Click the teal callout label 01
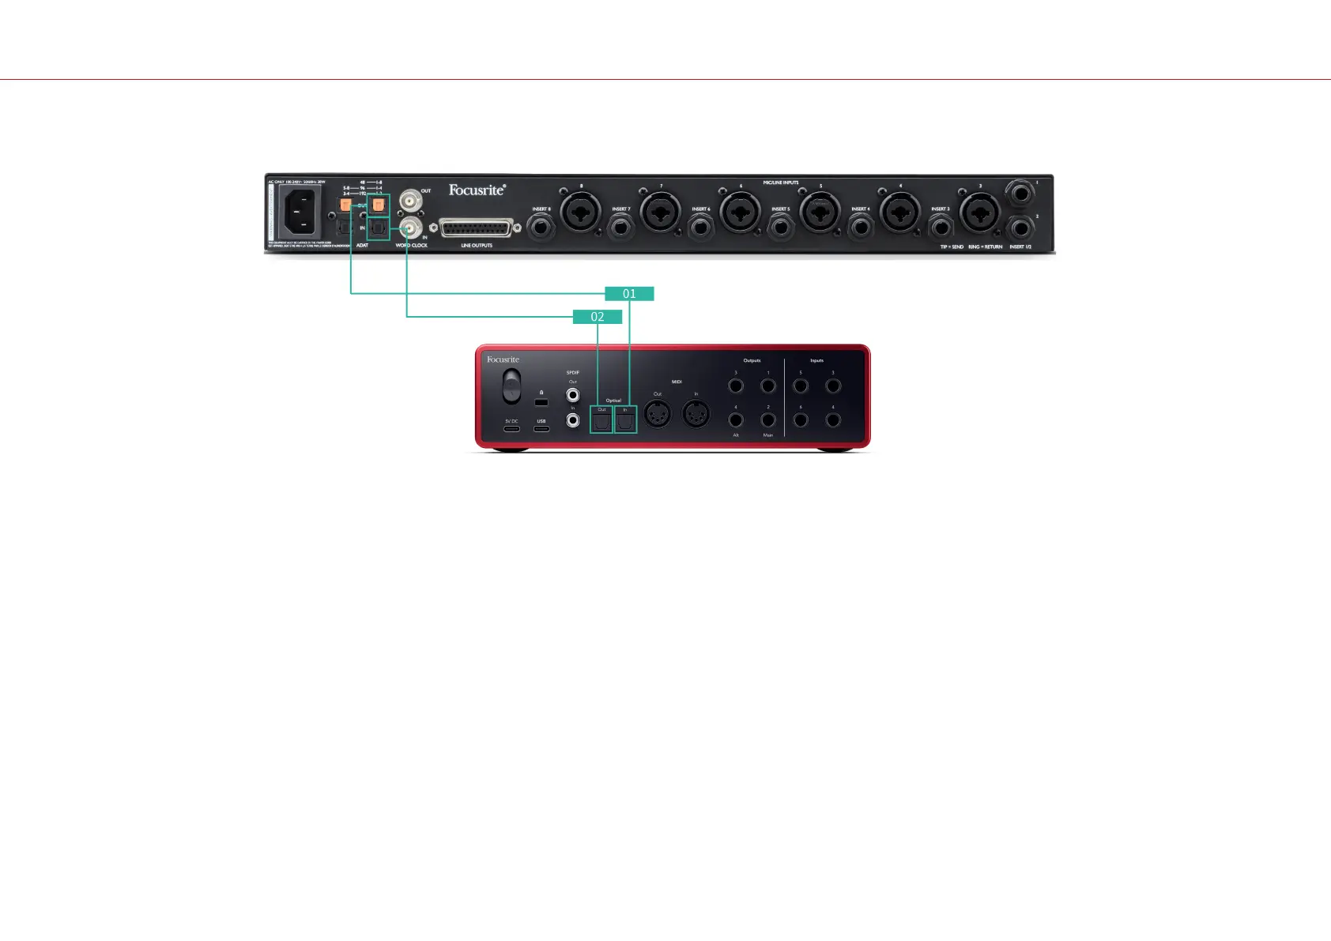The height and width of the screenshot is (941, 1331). click(629, 294)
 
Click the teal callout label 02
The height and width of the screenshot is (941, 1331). click(598, 317)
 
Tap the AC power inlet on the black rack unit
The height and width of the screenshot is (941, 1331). click(300, 212)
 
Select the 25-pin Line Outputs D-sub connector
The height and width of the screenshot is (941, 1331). click(477, 229)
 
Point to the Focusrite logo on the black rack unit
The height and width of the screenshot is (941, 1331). click(477, 190)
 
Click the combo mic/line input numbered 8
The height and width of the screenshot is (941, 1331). click(581, 213)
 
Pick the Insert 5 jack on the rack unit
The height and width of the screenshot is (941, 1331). click(781, 228)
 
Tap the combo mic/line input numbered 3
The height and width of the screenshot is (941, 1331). click(980, 213)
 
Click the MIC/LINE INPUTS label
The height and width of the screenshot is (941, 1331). click(780, 183)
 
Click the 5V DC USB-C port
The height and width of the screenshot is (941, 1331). click(511, 429)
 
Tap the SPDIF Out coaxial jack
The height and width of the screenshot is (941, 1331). click(573, 394)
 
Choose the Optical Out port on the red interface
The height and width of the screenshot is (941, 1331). click(601, 422)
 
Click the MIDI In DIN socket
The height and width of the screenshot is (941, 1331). click(696, 413)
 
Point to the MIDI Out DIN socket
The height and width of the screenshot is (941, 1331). click(658, 413)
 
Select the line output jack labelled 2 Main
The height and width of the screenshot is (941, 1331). click(768, 420)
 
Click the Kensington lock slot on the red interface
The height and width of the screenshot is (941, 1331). click(541, 402)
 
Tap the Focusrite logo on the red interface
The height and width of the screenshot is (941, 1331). click(503, 359)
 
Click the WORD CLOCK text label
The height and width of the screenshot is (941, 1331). click(411, 246)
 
